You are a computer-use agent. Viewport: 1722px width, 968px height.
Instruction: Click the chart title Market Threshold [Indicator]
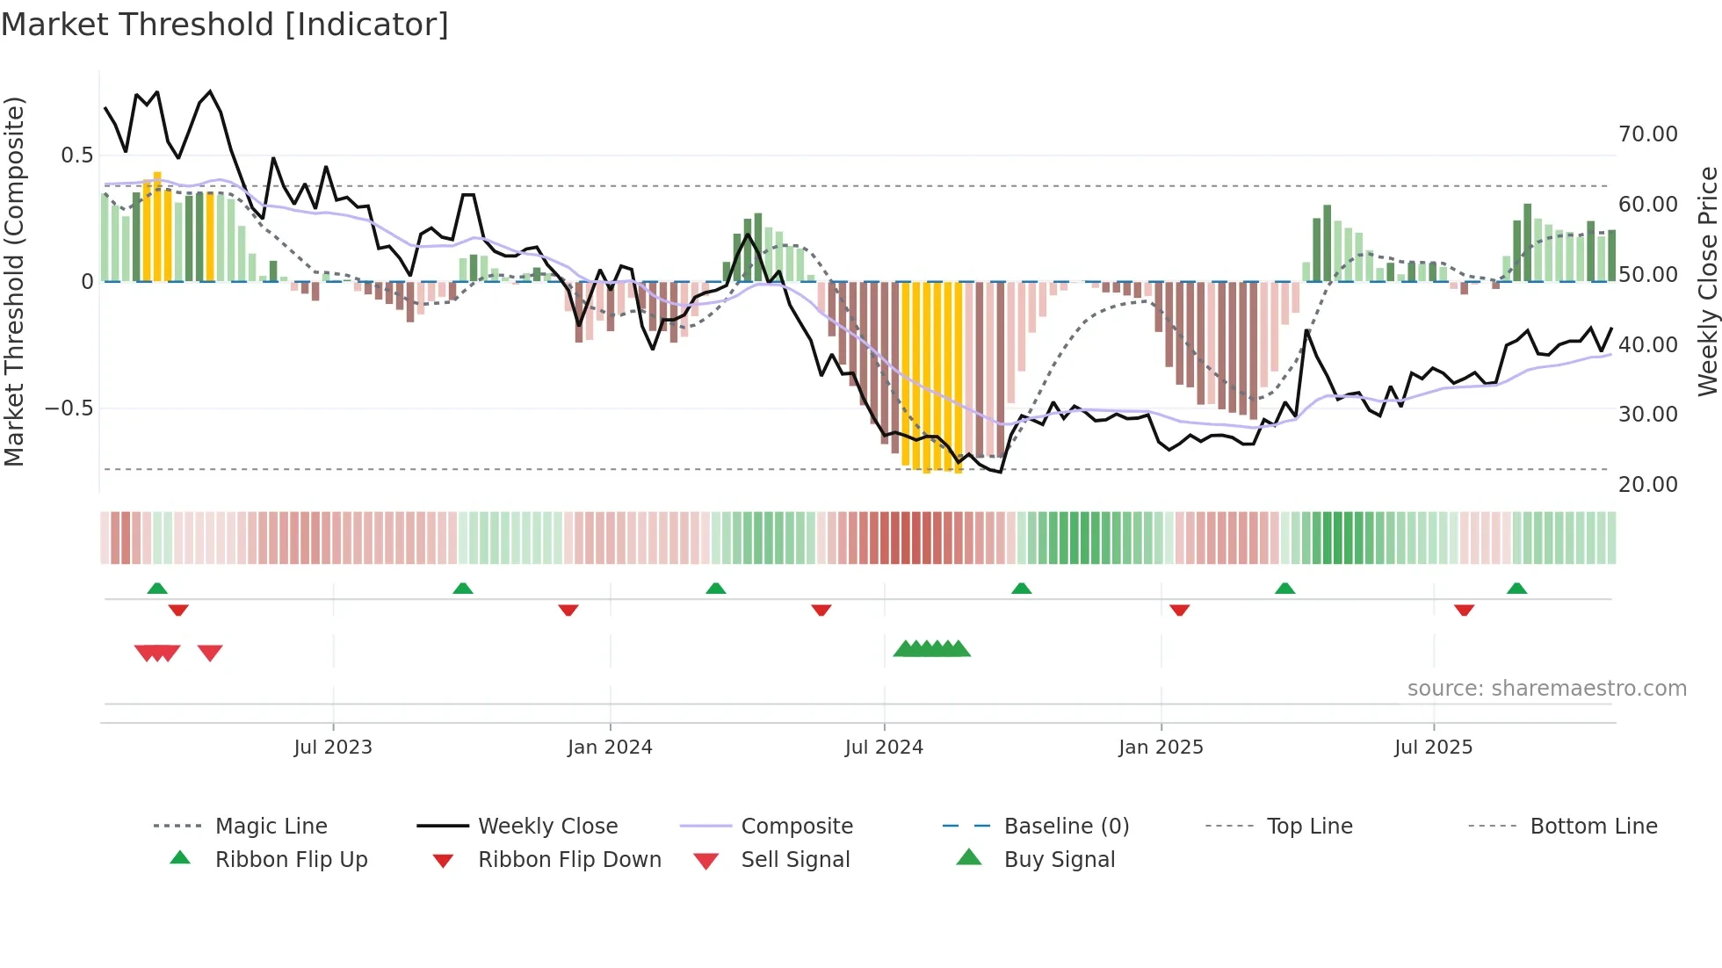(x=225, y=25)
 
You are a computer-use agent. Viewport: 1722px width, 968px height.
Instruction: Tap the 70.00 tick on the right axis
(x=1647, y=134)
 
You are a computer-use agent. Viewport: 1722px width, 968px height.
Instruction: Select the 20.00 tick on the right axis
(x=1647, y=484)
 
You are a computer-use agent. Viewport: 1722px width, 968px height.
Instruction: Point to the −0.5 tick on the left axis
(x=69, y=408)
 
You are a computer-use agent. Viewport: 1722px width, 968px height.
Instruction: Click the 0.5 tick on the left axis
(x=76, y=155)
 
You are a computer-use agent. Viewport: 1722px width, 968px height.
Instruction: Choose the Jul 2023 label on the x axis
(x=333, y=748)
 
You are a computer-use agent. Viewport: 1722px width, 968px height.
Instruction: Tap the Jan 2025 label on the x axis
(x=1161, y=748)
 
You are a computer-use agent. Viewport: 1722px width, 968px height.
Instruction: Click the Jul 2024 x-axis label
(x=884, y=748)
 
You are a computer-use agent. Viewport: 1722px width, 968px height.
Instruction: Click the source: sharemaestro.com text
(x=1546, y=689)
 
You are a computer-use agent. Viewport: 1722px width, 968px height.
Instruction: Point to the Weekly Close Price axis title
(x=1707, y=281)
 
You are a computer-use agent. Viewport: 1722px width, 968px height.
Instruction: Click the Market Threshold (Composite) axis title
(x=14, y=281)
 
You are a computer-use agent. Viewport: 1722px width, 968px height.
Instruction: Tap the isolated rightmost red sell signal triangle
(x=210, y=653)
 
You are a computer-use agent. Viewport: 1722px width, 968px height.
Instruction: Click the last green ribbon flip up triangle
(x=1516, y=589)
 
